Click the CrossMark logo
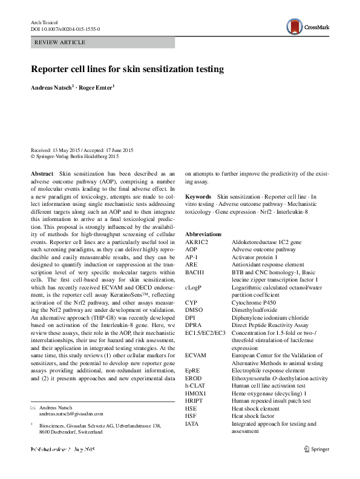(309, 26)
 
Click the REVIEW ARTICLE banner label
(61, 42)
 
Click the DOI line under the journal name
(65, 28)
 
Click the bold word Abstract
(41, 173)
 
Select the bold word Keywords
(198, 197)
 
